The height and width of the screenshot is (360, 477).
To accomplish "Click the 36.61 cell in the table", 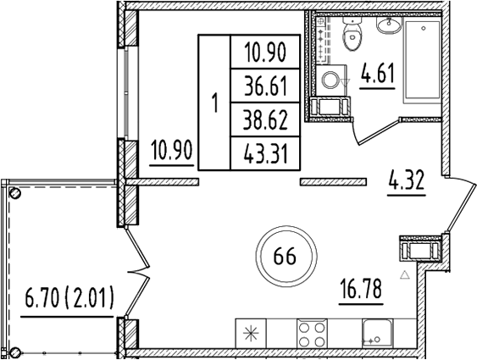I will [x=264, y=86].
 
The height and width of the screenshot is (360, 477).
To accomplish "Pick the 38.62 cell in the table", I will [x=264, y=121].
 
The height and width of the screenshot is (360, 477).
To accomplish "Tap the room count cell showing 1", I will [x=214, y=104].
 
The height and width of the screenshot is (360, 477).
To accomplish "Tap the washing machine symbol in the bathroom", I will [x=331, y=80].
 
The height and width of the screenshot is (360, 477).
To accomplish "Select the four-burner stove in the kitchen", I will [x=312, y=333].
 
